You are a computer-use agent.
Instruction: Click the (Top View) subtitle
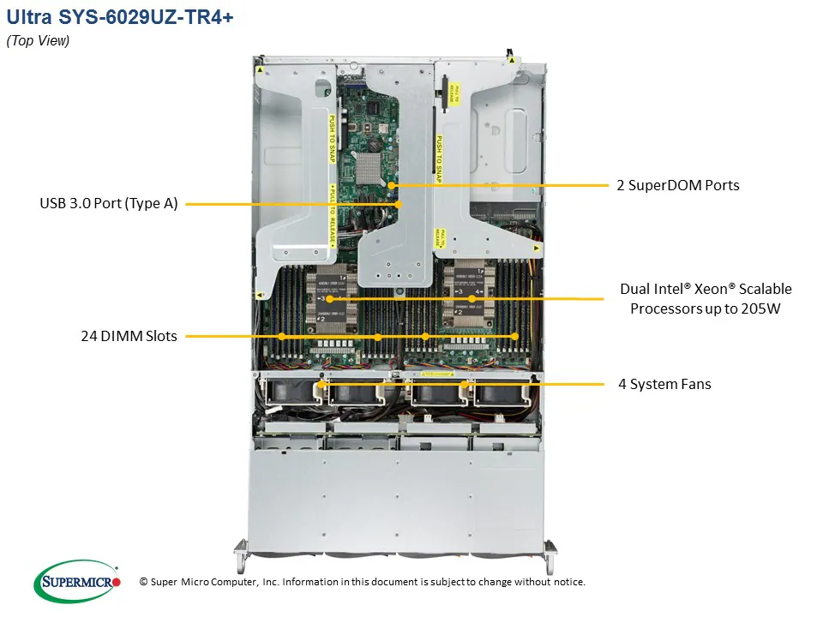pyautogui.click(x=39, y=41)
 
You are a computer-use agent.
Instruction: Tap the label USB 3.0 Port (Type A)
pyautogui.click(x=108, y=204)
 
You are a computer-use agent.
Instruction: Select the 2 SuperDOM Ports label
pyautogui.click(x=677, y=184)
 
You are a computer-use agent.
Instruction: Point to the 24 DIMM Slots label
pyautogui.click(x=129, y=336)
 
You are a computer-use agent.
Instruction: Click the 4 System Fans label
pyautogui.click(x=664, y=384)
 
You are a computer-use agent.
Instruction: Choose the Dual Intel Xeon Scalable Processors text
pyautogui.click(x=705, y=298)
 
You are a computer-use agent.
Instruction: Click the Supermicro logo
pyautogui.click(x=77, y=582)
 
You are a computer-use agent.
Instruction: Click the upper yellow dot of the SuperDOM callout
pyautogui.click(x=390, y=184)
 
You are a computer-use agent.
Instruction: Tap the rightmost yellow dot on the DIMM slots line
pyautogui.click(x=515, y=337)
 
